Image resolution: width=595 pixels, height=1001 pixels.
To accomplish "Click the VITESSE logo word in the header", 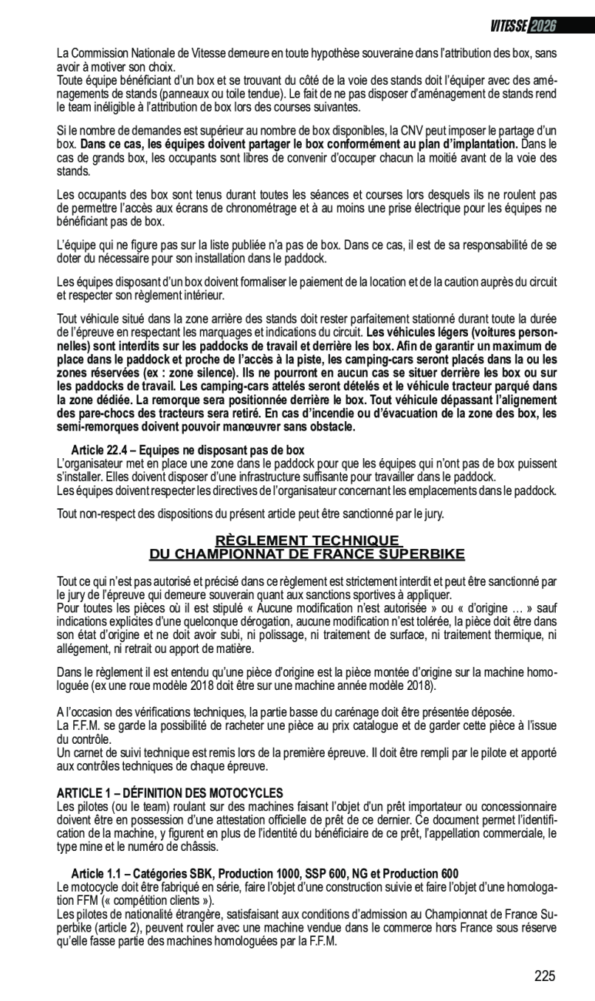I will point(508,26).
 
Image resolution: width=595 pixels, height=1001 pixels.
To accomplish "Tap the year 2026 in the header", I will point(543,26).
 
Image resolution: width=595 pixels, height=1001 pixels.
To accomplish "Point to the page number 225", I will point(544,976).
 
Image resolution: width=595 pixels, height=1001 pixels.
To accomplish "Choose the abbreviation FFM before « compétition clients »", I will point(78,899).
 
